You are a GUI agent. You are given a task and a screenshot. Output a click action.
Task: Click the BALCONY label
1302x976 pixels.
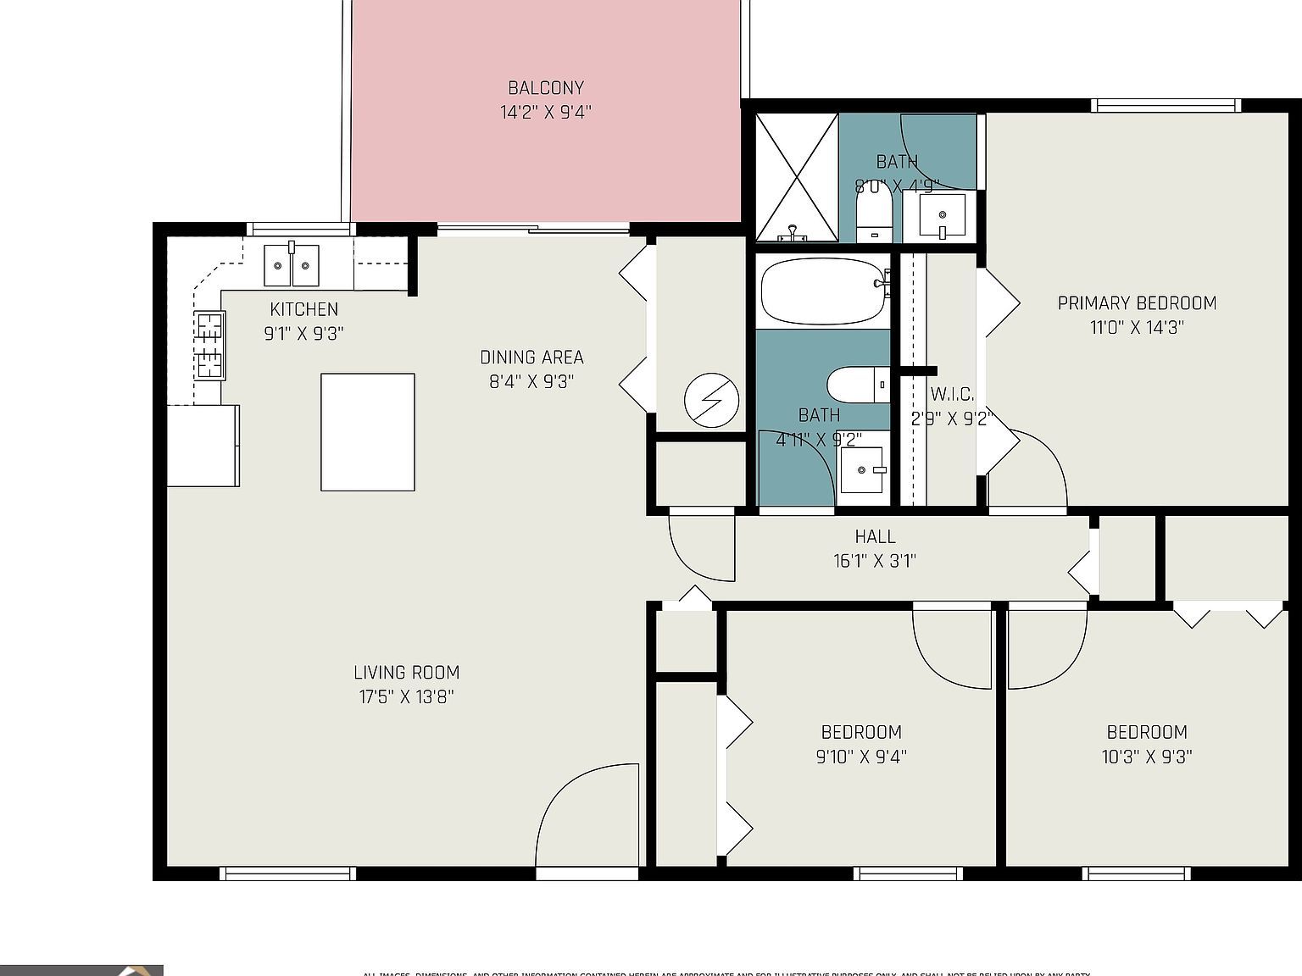[x=546, y=87]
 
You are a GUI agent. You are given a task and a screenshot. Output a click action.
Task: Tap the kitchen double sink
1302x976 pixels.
[x=292, y=266]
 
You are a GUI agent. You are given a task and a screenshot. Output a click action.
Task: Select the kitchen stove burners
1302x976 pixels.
[x=210, y=345]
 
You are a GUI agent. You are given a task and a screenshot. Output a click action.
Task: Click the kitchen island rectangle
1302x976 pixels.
[x=367, y=432]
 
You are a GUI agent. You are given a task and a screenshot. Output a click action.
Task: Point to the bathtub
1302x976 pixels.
[x=822, y=291]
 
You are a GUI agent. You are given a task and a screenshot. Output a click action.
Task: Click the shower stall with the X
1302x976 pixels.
[x=796, y=177]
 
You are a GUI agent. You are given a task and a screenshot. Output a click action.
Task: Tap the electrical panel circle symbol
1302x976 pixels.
[x=711, y=400]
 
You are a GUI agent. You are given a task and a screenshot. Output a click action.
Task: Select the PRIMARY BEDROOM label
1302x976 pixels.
[x=1137, y=302]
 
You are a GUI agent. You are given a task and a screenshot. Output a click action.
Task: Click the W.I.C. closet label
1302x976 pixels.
[x=952, y=394]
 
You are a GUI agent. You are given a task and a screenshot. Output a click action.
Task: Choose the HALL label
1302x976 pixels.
[x=875, y=536]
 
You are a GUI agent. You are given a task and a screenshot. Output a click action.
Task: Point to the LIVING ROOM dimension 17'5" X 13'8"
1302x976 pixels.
[x=406, y=696]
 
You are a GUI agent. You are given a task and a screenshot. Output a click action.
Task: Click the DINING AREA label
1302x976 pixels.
[x=531, y=357]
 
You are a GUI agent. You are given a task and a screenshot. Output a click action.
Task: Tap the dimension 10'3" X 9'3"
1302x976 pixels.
[x=1147, y=757]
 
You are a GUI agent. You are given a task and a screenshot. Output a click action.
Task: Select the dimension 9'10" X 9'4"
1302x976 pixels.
[x=861, y=757]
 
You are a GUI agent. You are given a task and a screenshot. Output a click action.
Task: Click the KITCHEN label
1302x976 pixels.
[x=303, y=309]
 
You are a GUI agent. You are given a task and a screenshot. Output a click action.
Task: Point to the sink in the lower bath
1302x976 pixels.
[x=863, y=469]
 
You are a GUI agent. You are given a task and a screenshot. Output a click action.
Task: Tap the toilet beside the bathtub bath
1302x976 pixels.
[x=858, y=385]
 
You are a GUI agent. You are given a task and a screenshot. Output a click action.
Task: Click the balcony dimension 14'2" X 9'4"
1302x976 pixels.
[x=546, y=112]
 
